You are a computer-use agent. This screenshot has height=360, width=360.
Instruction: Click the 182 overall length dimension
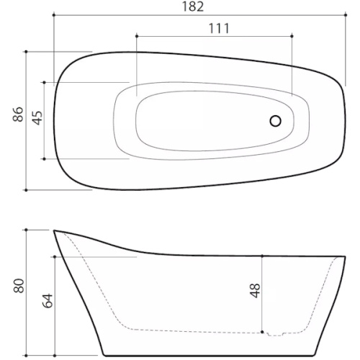coord(193,6)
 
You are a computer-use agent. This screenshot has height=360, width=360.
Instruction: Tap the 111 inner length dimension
coord(219,29)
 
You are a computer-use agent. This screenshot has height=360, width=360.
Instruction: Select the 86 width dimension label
coord(18,114)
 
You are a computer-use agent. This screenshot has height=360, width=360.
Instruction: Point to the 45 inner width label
coord(37,118)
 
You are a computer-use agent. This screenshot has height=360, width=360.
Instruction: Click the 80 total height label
coord(19,286)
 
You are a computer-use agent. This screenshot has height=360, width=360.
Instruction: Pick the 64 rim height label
coord(48,301)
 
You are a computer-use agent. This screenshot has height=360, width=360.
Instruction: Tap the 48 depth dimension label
coord(255,291)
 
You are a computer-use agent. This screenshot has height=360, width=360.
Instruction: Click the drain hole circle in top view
coord(275,121)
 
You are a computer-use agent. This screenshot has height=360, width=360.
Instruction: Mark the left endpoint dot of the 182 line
coord(54,15)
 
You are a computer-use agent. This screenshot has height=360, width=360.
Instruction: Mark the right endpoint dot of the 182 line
coord(346,15)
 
